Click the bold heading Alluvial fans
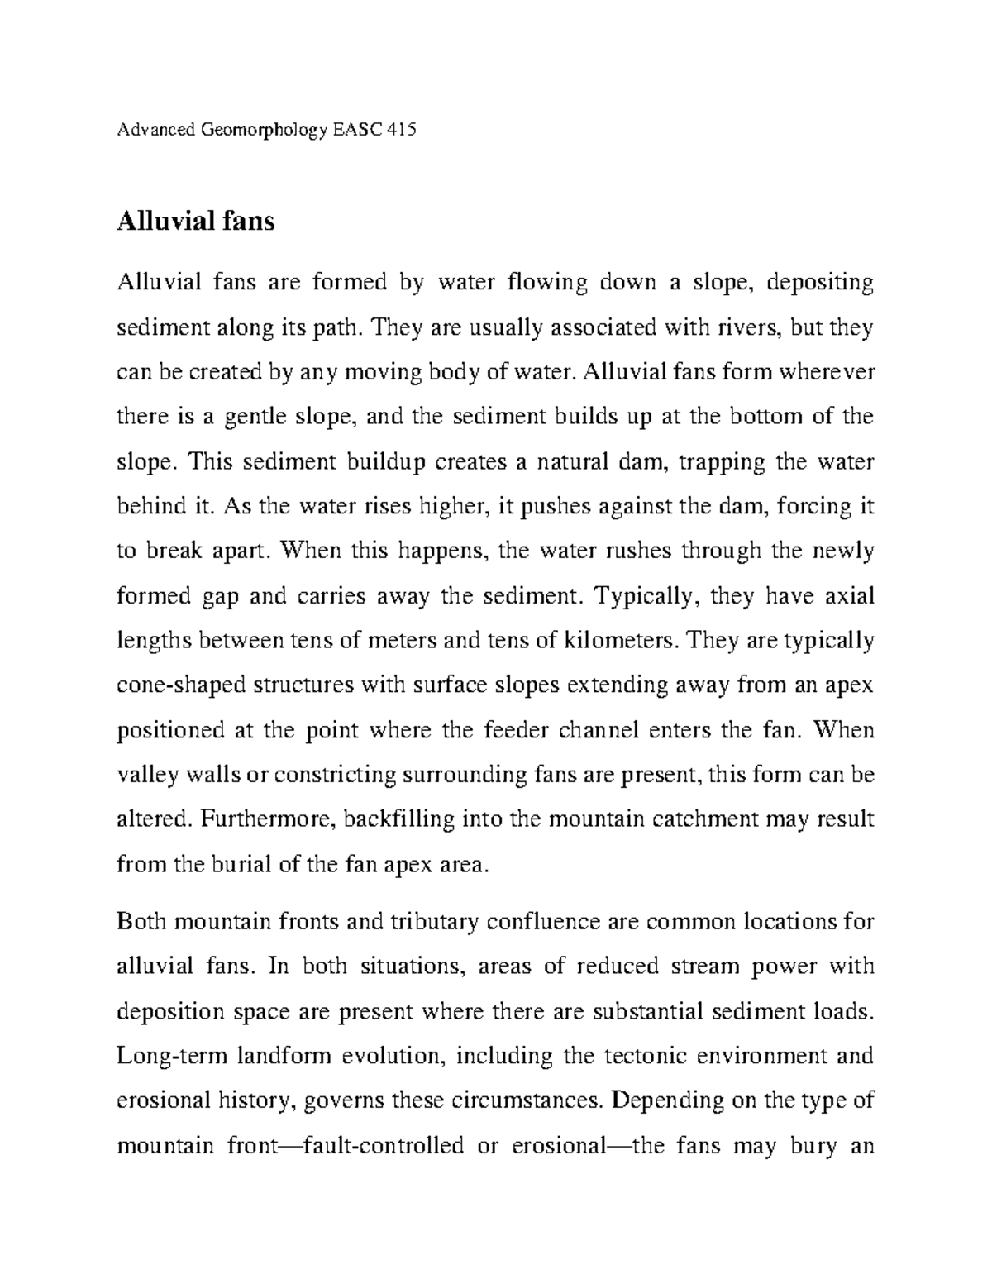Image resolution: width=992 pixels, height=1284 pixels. pos(195,222)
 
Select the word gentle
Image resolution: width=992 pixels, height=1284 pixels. pos(248,417)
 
